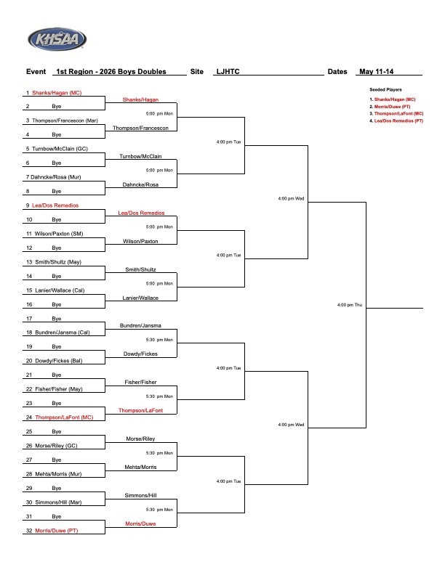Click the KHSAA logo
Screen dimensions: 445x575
(x=57, y=39)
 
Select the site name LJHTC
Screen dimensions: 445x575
(x=228, y=71)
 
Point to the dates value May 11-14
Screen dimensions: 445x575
(x=376, y=71)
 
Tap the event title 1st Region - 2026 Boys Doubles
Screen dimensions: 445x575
(x=111, y=71)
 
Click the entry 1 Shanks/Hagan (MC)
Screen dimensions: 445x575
(x=54, y=93)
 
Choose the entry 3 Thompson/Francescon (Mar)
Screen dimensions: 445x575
(x=62, y=121)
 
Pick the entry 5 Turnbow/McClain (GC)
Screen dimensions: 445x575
(x=57, y=149)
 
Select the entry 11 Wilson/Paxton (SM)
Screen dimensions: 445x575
(x=55, y=234)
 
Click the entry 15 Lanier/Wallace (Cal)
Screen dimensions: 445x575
(x=55, y=290)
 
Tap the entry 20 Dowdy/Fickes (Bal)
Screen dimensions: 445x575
(x=55, y=361)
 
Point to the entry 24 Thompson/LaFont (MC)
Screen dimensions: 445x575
(x=60, y=417)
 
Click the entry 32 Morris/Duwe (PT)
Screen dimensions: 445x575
(x=52, y=531)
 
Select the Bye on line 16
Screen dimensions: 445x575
(x=57, y=304)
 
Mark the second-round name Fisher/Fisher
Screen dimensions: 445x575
(x=140, y=382)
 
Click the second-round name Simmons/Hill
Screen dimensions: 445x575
(x=140, y=495)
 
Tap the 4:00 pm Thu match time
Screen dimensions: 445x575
(x=350, y=305)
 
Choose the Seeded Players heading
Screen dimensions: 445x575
(x=385, y=89)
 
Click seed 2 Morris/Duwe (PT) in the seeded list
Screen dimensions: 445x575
(x=390, y=107)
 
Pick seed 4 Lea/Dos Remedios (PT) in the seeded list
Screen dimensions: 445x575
(x=396, y=121)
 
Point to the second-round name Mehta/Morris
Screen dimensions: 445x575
(x=140, y=468)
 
